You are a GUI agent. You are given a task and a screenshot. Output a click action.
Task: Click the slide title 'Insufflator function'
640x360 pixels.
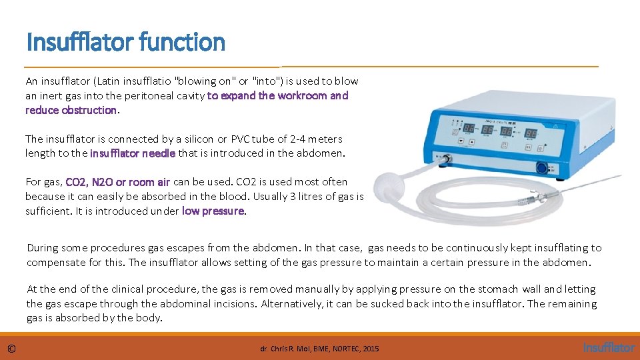click(x=125, y=42)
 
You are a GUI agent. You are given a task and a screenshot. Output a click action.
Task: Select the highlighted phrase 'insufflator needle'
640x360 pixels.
click(x=133, y=153)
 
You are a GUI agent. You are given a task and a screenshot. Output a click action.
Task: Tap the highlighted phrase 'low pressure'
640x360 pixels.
click(x=213, y=211)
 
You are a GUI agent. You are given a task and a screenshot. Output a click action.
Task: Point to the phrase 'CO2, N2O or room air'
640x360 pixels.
click(x=118, y=182)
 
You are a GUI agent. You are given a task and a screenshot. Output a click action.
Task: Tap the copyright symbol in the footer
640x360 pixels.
click(x=12, y=348)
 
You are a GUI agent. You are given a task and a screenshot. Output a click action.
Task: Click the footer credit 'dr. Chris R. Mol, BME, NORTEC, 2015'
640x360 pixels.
click(x=319, y=349)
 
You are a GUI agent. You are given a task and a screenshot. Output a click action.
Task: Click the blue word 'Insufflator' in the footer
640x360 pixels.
click(x=609, y=347)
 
